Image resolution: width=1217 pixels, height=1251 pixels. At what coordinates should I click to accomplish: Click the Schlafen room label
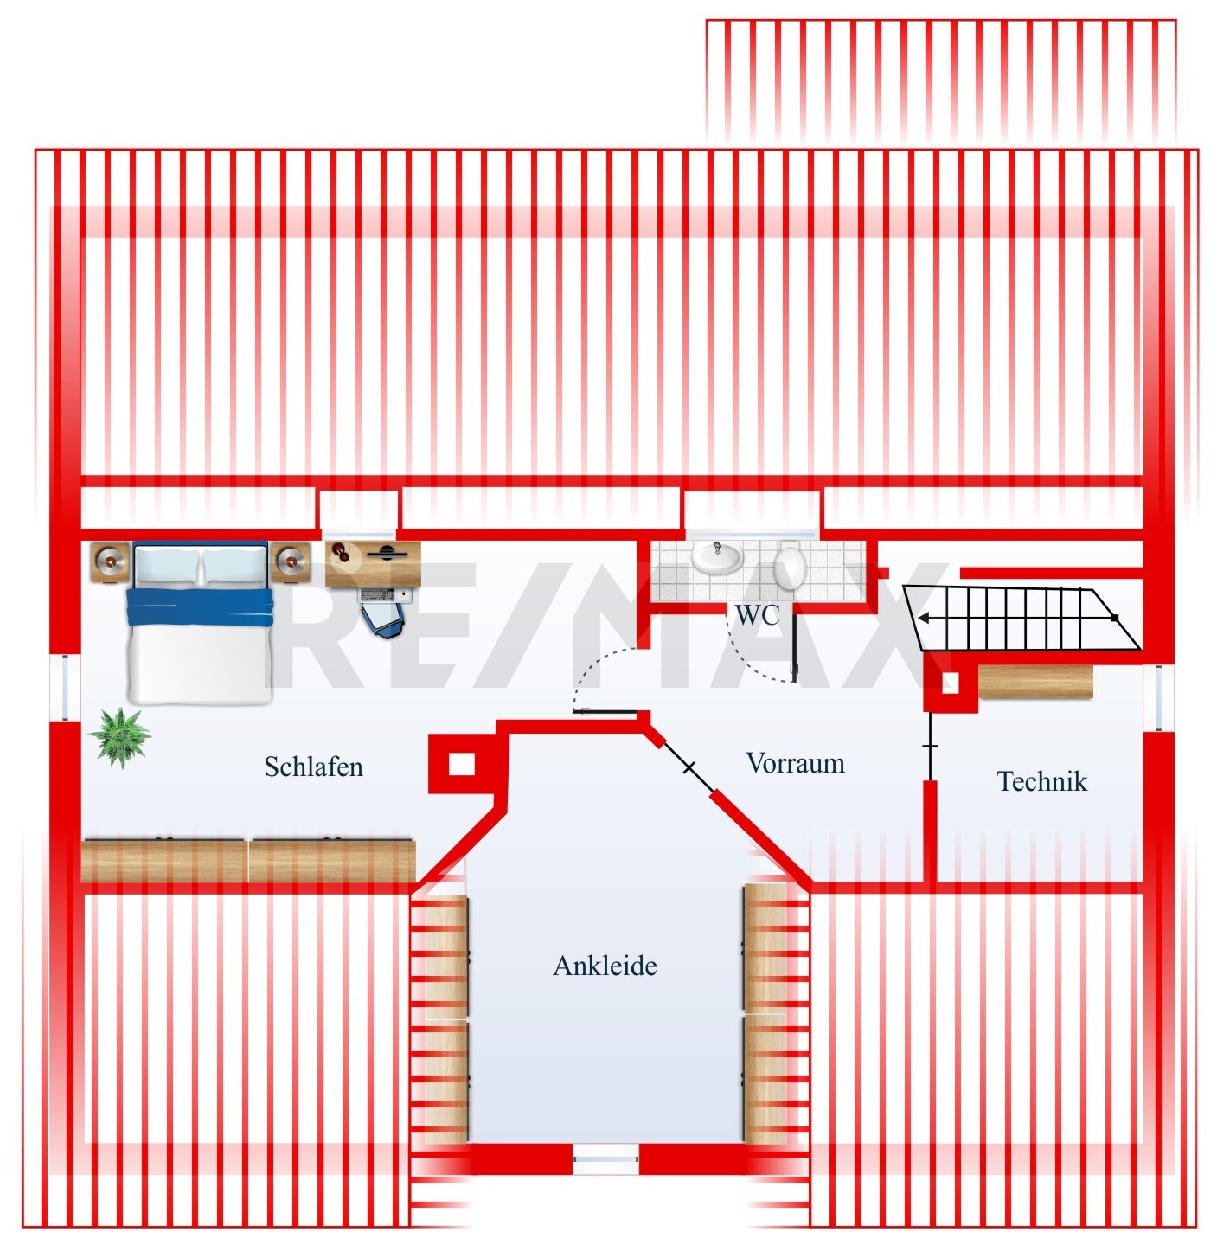coord(313,767)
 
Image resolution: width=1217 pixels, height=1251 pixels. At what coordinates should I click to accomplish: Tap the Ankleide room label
coord(605,966)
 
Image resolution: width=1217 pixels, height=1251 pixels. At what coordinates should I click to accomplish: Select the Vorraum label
coord(795,763)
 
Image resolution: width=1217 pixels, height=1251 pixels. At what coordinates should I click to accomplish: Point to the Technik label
coord(1041,781)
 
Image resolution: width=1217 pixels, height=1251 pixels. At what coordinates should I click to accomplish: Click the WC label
coord(757,615)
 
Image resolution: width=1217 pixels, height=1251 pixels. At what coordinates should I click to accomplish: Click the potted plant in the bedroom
coord(120,736)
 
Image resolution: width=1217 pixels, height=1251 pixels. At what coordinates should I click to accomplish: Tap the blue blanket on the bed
coord(200,606)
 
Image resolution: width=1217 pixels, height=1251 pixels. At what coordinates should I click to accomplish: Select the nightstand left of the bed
coord(111,563)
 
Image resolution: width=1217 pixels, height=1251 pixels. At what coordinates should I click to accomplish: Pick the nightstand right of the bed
coord(290,563)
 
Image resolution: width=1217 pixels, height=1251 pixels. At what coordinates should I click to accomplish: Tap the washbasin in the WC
coord(717,558)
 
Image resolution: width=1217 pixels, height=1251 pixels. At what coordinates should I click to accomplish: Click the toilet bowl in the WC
coord(790,566)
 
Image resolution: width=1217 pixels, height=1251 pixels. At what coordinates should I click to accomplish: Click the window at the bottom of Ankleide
coord(605,1158)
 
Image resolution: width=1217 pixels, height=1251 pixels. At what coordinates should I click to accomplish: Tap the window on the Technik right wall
coord(1157,697)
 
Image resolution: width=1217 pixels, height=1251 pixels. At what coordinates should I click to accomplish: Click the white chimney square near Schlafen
coord(462,765)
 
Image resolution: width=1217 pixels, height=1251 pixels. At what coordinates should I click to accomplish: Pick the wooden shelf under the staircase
coord(1035,681)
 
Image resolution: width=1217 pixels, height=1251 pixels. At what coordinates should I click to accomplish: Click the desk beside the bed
coord(374,563)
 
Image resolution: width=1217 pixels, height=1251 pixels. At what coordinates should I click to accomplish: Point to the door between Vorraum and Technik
coord(930,746)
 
